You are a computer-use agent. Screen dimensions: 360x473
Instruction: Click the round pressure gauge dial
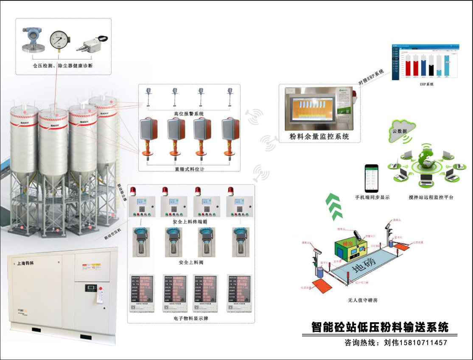(59, 42)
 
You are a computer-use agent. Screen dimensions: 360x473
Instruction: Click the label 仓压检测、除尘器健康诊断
(63, 66)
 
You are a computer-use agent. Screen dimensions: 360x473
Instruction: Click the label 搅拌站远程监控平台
(425, 197)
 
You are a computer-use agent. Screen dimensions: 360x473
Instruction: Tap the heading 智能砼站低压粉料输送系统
(380, 327)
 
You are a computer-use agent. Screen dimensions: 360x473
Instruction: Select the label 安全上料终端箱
(190, 222)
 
